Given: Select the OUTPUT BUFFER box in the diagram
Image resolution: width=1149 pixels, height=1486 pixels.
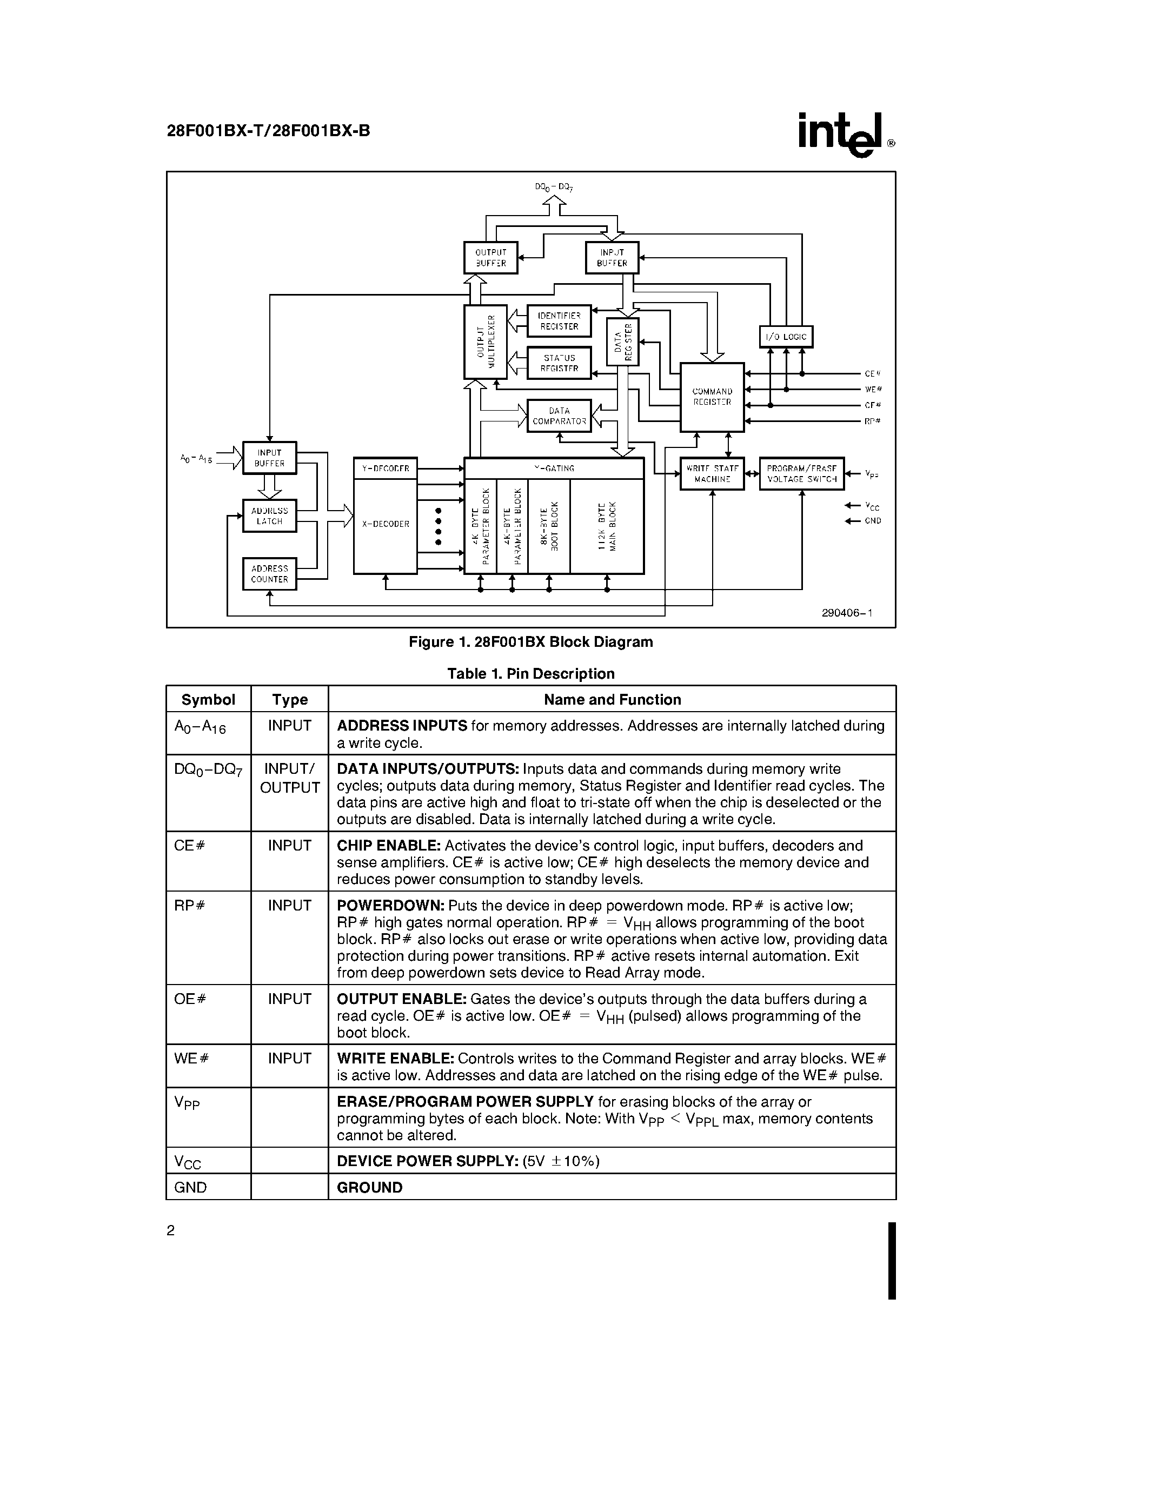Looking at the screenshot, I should click(x=490, y=258).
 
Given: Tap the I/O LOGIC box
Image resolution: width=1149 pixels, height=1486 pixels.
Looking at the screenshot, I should click(x=786, y=337).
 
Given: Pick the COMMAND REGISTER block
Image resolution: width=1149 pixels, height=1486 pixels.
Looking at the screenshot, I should click(x=712, y=397).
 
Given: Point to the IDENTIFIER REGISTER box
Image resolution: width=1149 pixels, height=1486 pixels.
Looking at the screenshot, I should click(x=559, y=321).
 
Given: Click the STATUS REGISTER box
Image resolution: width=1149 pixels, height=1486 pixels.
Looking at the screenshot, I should click(x=559, y=363).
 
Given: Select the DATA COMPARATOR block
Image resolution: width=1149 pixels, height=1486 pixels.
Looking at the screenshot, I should click(x=559, y=416).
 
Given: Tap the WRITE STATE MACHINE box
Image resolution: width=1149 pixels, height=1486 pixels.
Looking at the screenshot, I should click(x=712, y=473).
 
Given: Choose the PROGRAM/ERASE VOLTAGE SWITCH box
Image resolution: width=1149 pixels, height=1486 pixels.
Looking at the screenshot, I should click(x=801, y=473).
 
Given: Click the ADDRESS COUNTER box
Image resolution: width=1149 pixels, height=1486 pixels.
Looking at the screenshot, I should click(x=270, y=573).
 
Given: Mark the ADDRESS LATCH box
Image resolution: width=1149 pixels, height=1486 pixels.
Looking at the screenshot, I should click(x=270, y=516).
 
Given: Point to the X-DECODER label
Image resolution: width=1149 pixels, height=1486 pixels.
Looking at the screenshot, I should click(x=386, y=525).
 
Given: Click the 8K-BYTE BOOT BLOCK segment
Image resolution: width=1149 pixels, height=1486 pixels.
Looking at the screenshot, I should click(x=549, y=526).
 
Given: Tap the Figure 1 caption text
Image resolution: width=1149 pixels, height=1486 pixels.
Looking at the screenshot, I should click(x=530, y=641).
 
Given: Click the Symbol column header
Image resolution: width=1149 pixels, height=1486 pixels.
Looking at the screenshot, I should click(x=208, y=699).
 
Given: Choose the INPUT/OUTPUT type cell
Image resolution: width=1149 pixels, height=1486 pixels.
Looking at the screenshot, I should click(x=290, y=778).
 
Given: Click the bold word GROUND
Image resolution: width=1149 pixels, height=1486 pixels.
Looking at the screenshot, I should click(x=370, y=1187).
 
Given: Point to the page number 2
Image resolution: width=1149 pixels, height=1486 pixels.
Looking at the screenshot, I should click(x=171, y=1230).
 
